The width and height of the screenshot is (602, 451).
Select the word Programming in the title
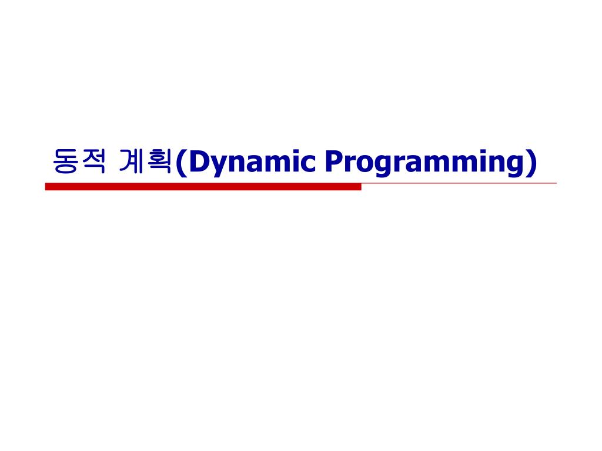pyautogui.click(x=422, y=162)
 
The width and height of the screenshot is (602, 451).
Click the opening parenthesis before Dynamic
pyautogui.click(x=180, y=163)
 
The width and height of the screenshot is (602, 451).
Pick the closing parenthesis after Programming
pyautogui.click(x=531, y=163)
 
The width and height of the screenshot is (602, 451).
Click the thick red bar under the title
pyautogui.click(x=203, y=187)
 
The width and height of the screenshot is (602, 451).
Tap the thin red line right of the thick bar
pyautogui.click(x=459, y=183)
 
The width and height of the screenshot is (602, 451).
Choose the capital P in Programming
pyautogui.click(x=333, y=161)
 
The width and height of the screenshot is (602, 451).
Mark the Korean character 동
pyautogui.click(x=64, y=161)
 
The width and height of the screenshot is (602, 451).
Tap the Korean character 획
pyautogui.click(x=159, y=161)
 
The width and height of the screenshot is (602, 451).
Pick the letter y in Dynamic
pyautogui.click(x=217, y=165)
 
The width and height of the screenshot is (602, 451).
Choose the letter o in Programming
pyautogui.click(x=364, y=164)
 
